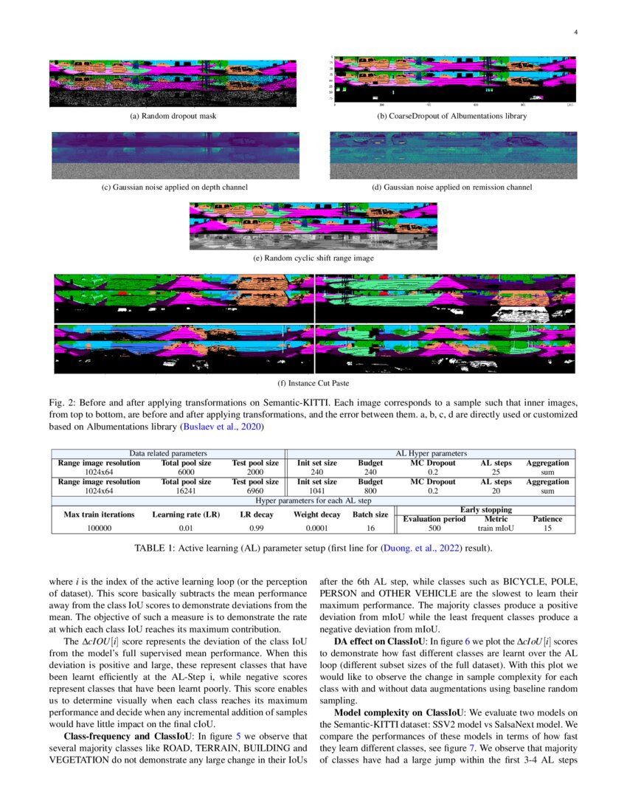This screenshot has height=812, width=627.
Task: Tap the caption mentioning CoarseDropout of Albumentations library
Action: coord(452,117)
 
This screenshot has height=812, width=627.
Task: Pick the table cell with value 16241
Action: coord(187,490)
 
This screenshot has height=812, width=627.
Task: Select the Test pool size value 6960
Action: coord(255,490)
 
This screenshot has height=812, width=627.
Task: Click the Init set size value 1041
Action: coord(317,490)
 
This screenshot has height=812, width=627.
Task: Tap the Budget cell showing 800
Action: coord(370,490)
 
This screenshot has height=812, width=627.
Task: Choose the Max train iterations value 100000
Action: coord(99,529)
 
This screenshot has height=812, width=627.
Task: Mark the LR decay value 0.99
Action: coord(256,529)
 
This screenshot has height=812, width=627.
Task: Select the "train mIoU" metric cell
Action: coord(496,529)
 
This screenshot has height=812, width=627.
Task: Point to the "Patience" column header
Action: coord(547,519)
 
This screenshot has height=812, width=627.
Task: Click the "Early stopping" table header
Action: coord(485,509)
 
